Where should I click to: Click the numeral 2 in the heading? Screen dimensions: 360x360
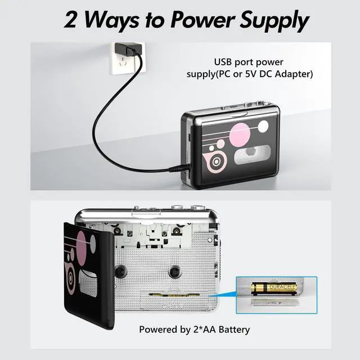(71, 21)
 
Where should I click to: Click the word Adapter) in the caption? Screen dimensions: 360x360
(292, 74)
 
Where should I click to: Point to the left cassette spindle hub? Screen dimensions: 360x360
(119, 271)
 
